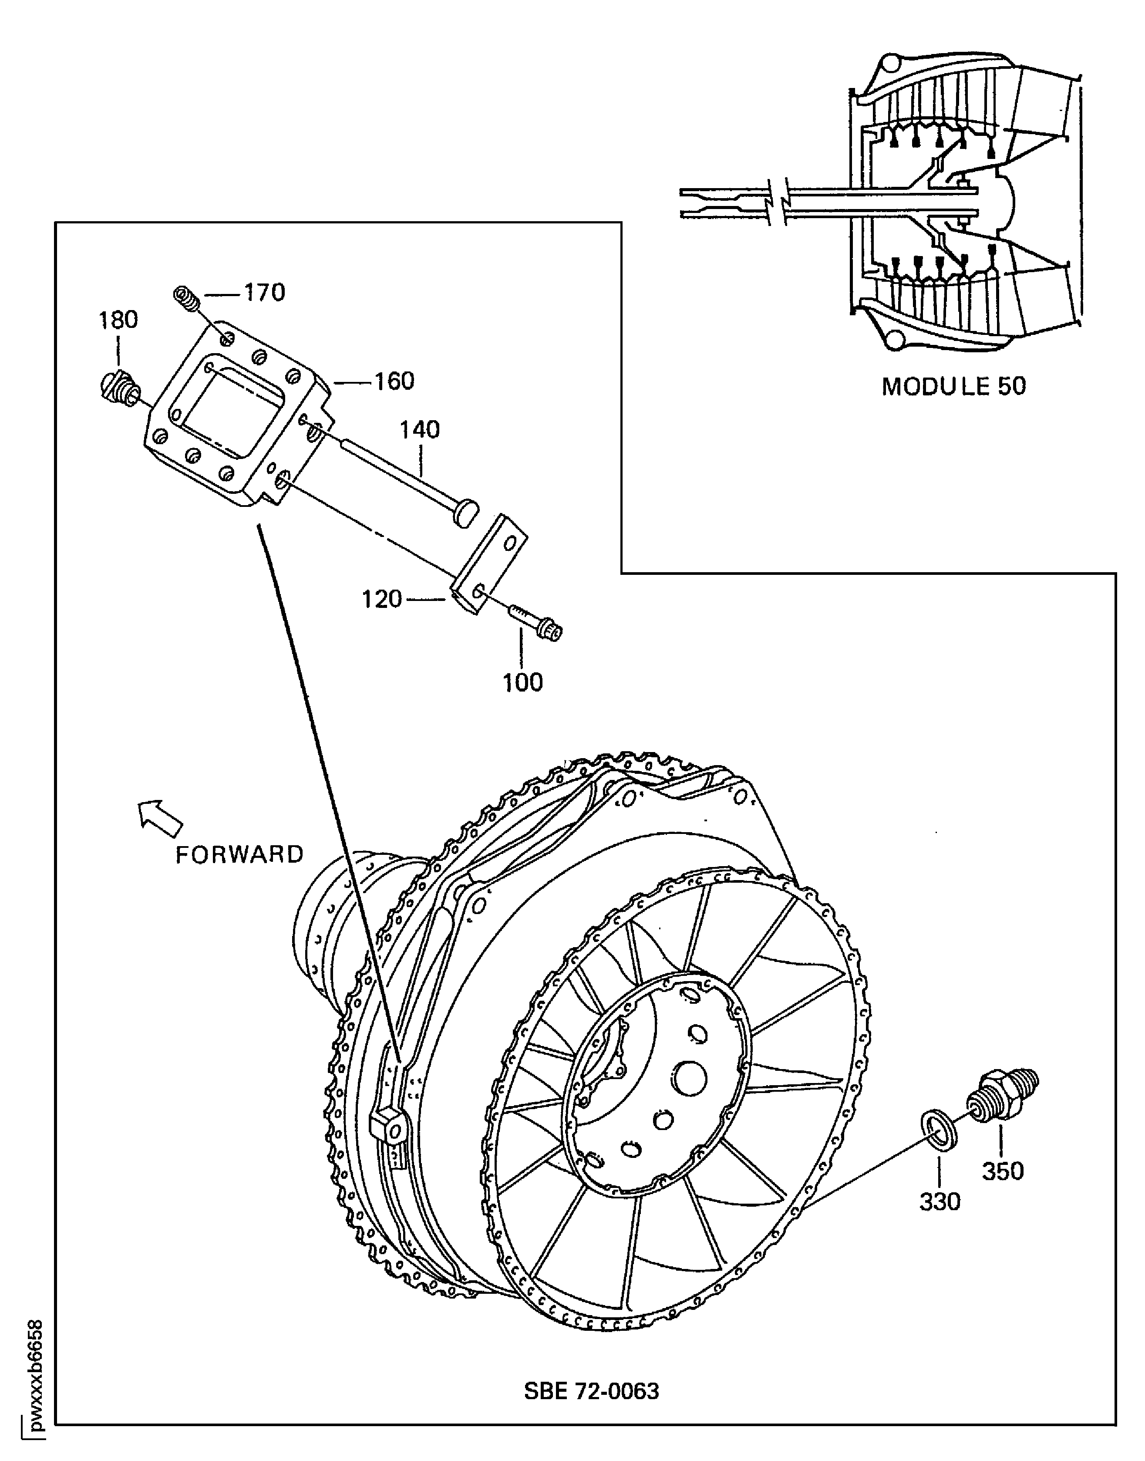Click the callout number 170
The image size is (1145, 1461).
click(x=264, y=293)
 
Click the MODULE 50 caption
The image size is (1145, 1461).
click(x=953, y=386)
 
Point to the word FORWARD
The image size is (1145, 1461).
click(x=240, y=854)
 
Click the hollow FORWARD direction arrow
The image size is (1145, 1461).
click(x=159, y=817)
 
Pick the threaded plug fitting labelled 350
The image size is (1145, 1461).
click(x=1000, y=1096)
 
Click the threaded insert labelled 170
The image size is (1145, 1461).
click(x=187, y=298)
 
